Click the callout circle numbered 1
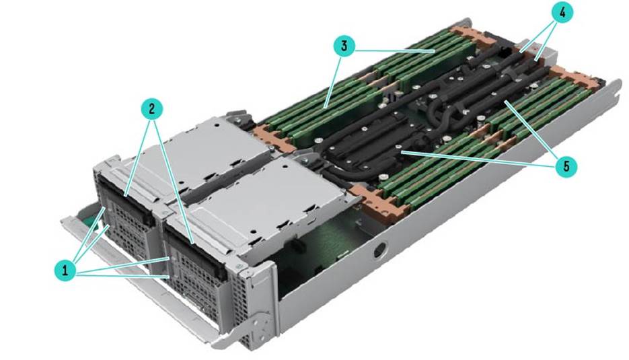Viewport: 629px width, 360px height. (65, 271)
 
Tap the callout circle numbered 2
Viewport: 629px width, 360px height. (151, 109)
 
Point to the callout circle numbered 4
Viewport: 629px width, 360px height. (562, 12)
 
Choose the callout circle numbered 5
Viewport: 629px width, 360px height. (566, 166)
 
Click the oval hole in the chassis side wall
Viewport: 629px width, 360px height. (378, 250)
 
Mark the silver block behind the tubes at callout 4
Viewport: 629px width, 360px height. (544, 53)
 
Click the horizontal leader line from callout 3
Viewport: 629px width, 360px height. (395, 50)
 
